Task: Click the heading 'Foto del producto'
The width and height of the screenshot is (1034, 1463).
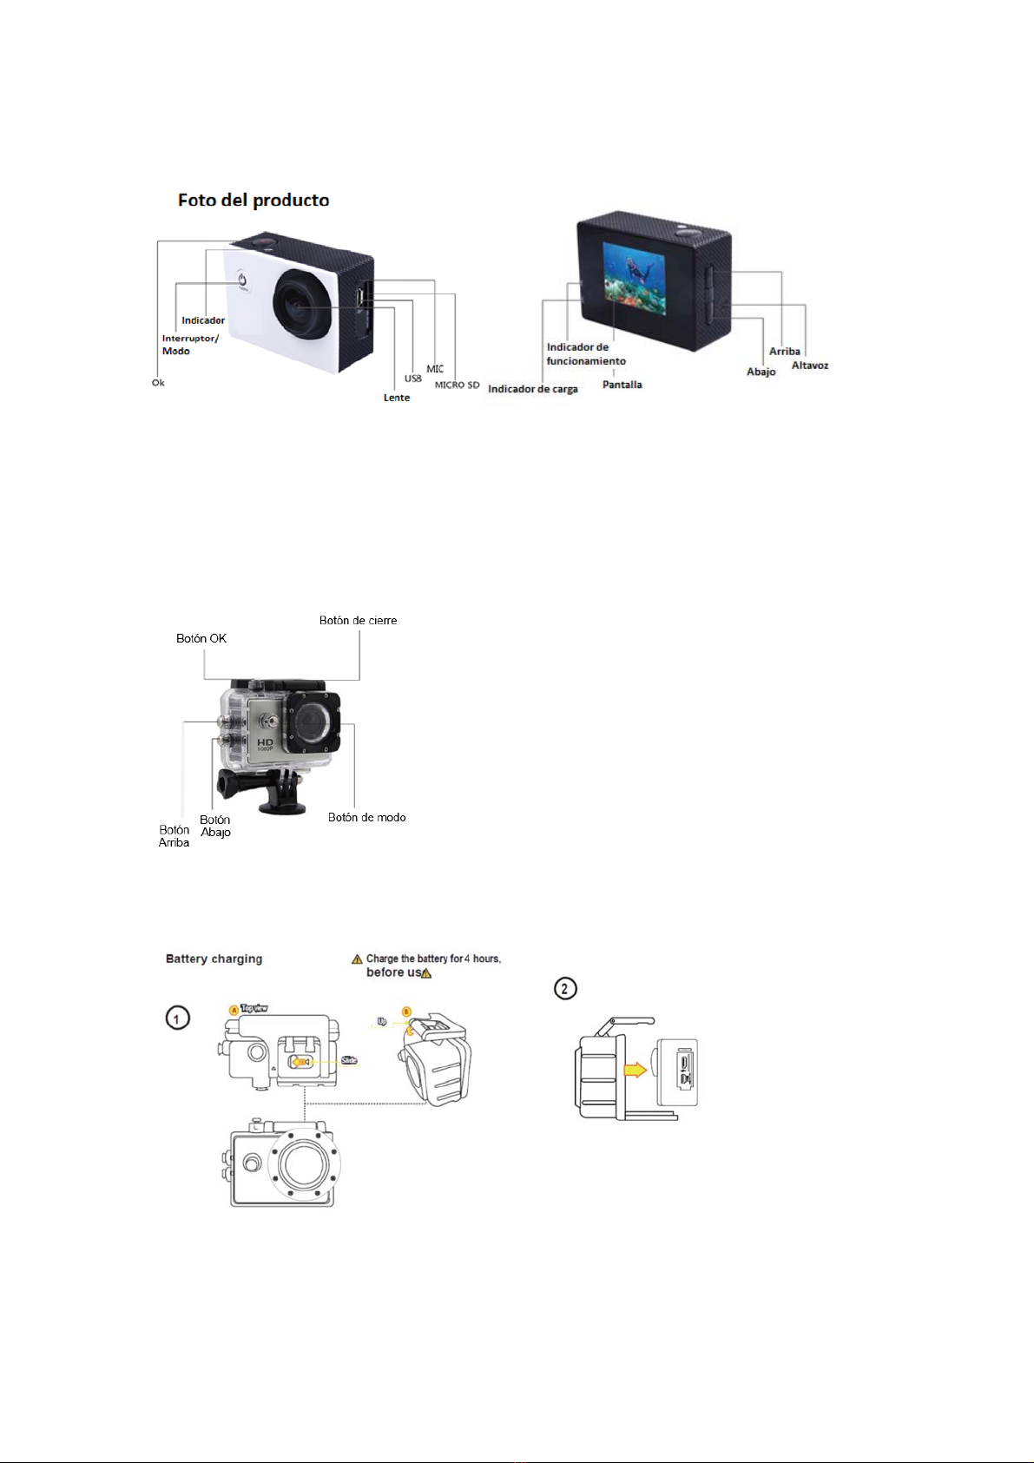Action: [254, 201]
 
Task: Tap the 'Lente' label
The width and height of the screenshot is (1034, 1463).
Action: [397, 398]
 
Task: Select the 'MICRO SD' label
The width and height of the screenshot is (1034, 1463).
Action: [457, 385]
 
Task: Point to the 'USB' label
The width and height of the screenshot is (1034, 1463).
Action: [412, 379]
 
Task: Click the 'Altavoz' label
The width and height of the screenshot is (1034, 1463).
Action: [810, 366]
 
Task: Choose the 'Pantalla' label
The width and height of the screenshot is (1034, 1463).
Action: [622, 385]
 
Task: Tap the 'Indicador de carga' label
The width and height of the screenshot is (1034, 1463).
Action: [533, 389]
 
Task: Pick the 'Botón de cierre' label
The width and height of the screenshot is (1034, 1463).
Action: [358, 621]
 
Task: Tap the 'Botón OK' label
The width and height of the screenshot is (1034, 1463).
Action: [201, 638]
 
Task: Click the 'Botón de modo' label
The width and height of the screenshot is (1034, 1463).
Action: [366, 817]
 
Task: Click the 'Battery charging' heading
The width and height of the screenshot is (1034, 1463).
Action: [214, 959]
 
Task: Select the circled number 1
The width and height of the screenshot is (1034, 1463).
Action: [178, 1018]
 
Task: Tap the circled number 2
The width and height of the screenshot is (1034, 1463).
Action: [565, 988]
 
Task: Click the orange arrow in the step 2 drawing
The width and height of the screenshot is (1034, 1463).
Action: [636, 1070]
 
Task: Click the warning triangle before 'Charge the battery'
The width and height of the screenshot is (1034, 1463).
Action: [357, 959]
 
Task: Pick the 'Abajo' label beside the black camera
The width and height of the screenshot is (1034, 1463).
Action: [761, 372]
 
